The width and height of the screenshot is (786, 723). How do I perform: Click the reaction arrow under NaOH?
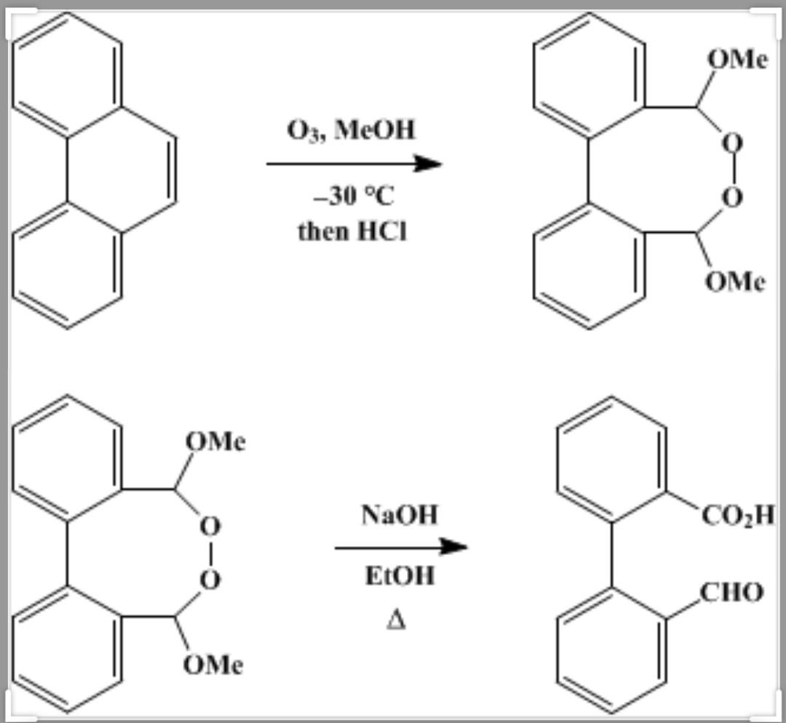tap(400, 547)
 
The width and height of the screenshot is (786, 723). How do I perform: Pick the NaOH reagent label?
tap(400, 515)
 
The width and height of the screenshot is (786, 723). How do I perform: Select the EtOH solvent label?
tap(400, 577)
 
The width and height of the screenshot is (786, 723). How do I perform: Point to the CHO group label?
tap(731, 593)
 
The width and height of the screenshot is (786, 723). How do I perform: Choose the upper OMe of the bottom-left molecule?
tap(215, 442)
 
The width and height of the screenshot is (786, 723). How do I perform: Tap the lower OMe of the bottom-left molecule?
tap(213, 664)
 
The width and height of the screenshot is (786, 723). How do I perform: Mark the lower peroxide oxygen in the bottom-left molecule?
tap(210, 580)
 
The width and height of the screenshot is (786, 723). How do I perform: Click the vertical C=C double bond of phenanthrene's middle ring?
tap(173, 168)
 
